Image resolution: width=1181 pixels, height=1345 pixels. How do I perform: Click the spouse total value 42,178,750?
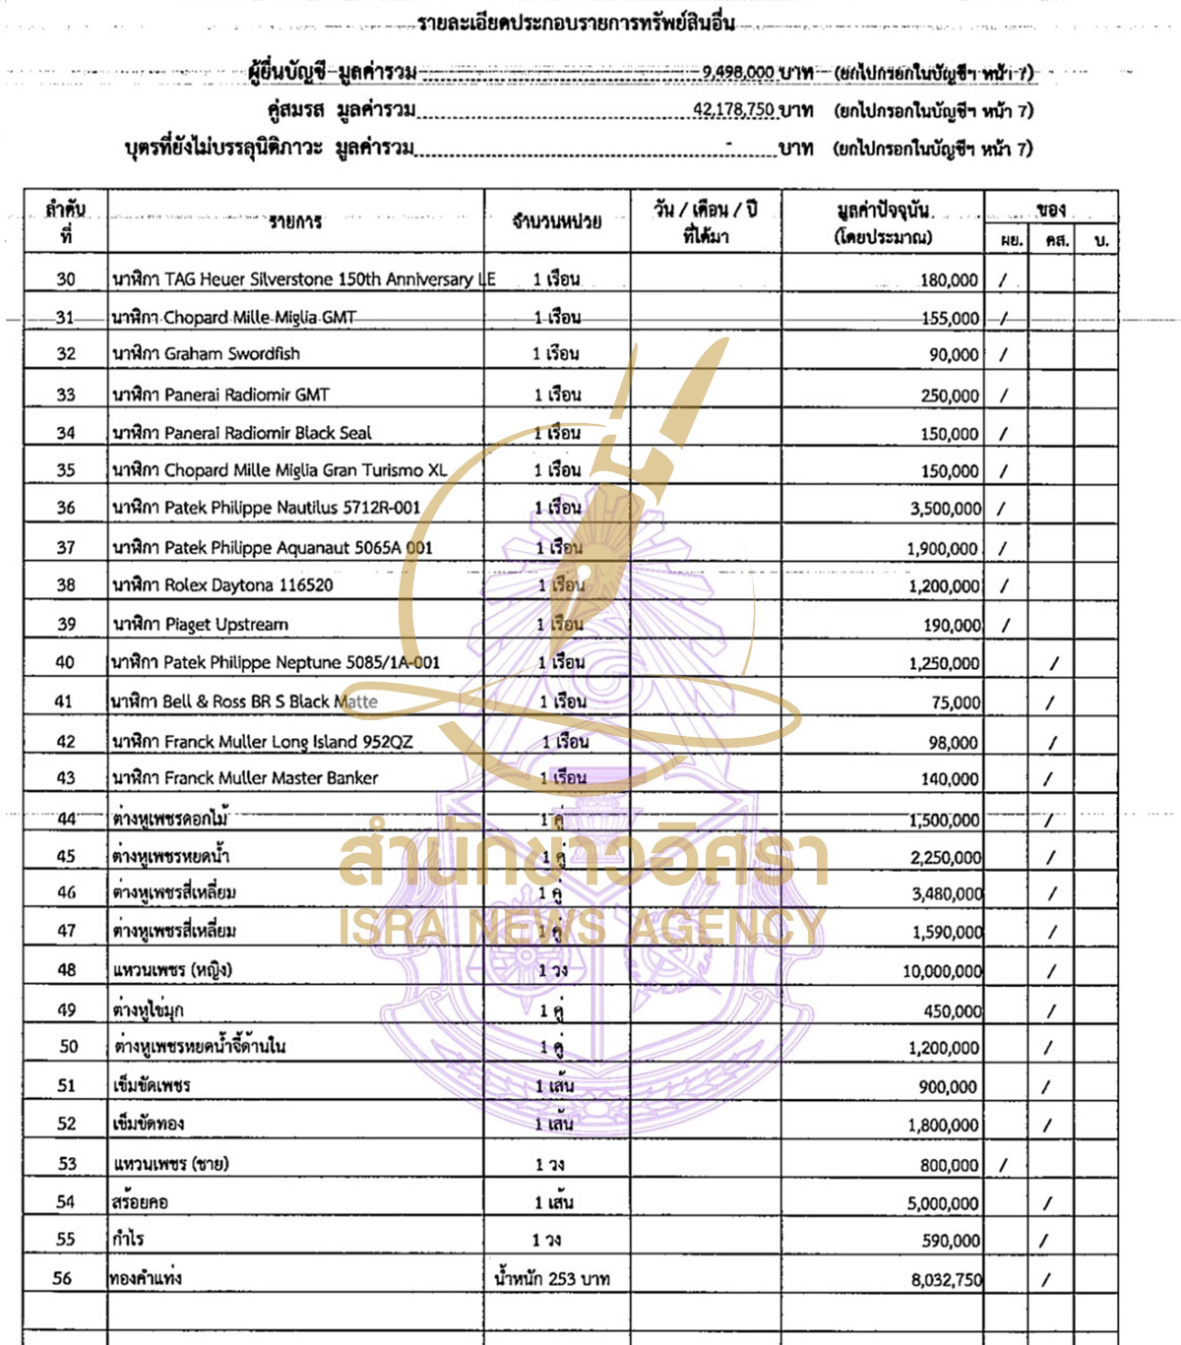[x=733, y=109]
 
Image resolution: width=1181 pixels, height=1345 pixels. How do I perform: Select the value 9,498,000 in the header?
[x=737, y=72]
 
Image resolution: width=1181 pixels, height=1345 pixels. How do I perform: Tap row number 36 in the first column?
[x=66, y=508]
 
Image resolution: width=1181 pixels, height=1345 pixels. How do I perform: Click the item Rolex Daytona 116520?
[x=222, y=585]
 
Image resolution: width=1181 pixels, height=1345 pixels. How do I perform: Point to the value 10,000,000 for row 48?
[x=942, y=971]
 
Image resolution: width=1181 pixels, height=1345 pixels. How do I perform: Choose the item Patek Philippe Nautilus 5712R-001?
[x=267, y=508]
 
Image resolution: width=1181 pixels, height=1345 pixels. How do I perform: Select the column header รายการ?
[x=295, y=222]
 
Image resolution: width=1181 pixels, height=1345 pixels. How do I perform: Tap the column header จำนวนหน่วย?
[x=556, y=222]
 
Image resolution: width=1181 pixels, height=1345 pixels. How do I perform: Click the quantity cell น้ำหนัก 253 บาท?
[x=552, y=1278]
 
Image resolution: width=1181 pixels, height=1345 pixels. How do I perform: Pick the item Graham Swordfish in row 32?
[x=206, y=354]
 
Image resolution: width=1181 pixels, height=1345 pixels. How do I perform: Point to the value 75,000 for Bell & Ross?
[x=956, y=703]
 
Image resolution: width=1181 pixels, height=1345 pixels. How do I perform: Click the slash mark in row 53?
[x=1003, y=1165]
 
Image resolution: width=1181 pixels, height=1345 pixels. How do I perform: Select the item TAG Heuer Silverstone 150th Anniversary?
[x=303, y=279]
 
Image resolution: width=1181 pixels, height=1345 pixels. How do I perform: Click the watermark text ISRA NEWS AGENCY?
[x=581, y=927]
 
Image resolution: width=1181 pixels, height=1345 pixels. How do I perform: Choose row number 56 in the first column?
[x=62, y=1278]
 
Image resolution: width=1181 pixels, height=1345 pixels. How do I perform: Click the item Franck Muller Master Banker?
[x=245, y=778]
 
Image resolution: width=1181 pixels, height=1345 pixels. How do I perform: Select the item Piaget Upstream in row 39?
[x=200, y=625]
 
